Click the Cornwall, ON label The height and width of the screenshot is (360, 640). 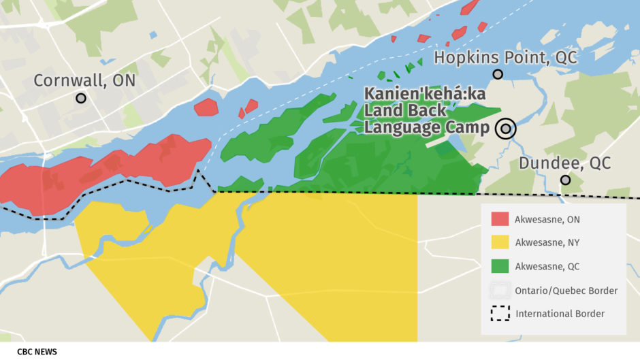[x=84, y=81]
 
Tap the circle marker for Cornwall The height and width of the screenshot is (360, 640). [x=81, y=98]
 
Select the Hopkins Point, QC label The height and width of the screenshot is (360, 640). [x=505, y=58]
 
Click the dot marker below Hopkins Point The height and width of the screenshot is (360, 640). [x=498, y=74]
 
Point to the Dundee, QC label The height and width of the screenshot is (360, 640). [x=564, y=163]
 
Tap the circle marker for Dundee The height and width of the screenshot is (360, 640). [x=565, y=180]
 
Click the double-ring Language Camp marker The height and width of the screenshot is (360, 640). [x=505, y=128]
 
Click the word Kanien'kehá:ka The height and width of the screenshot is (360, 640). [x=425, y=95]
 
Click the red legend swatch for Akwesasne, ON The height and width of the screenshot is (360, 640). [x=500, y=219]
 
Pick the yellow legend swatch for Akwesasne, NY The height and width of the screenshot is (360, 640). [x=500, y=242]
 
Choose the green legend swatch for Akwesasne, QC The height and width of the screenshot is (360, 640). [x=500, y=266]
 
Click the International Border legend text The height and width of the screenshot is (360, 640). [x=560, y=314]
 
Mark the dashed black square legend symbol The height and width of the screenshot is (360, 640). [x=500, y=313]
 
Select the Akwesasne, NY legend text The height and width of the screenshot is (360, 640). [x=547, y=243]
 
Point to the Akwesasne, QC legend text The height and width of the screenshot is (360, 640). [x=547, y=266]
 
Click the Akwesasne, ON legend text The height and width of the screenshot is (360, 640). [x=547, y=220]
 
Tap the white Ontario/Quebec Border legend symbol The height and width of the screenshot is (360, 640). [x=500, y=290]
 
